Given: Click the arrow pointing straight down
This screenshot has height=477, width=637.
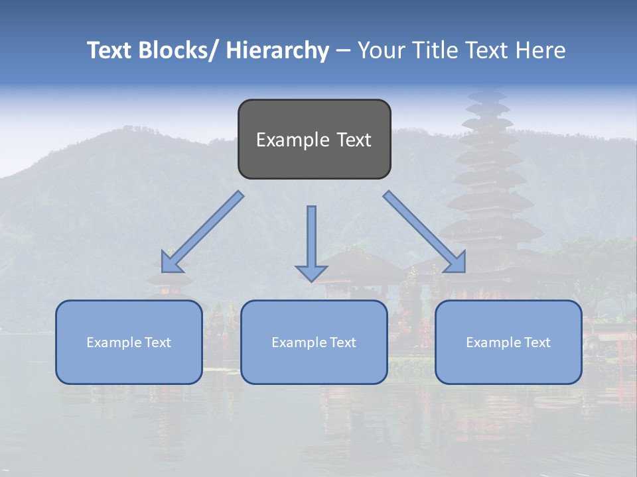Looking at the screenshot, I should point(311,238).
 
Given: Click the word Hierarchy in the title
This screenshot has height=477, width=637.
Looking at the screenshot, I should point(277,50).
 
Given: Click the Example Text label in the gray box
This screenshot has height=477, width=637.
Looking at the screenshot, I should point(314,140).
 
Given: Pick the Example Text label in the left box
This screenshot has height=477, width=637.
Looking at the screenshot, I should point(129,343).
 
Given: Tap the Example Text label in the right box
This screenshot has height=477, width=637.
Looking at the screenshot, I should point(508,343).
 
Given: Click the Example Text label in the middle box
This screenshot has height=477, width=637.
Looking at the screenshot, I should point(314,343).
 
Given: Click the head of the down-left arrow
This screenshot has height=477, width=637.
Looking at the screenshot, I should point(171,263).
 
